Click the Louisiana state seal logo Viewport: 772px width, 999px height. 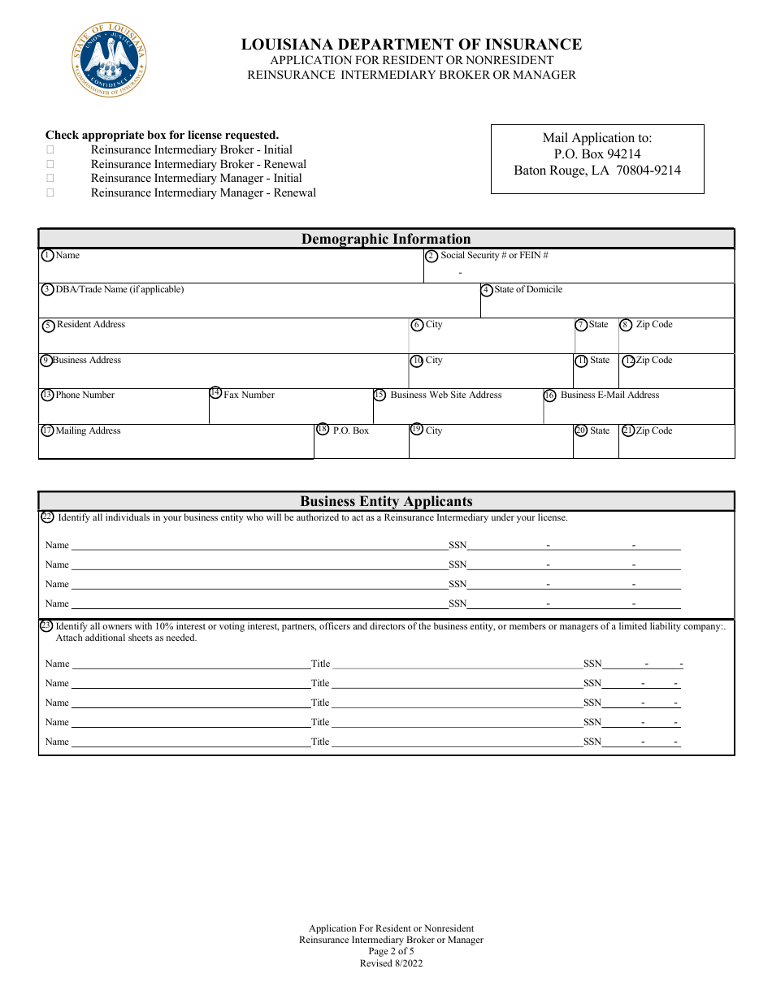tap(110, 60)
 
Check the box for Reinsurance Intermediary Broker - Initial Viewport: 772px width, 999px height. tap(50, 150)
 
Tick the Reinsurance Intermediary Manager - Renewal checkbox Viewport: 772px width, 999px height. tap(50, 193)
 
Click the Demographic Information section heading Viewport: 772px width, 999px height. tap(386, 239)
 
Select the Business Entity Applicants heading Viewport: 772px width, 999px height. tap(386, 501)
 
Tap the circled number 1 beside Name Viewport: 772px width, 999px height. tap(47, 256)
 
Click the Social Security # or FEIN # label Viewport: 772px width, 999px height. tap(494, 256)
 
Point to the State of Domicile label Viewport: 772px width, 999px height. tap(527, 290)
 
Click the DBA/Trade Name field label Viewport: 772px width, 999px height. tap(119, 290)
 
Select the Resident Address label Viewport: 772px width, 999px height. tap(91, 325)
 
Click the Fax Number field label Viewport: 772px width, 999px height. tap(249, 396)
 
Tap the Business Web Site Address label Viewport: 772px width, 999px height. tap(445, 396)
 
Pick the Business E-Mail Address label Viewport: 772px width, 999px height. tap(609, 396)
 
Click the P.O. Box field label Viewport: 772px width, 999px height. tap(350, 431)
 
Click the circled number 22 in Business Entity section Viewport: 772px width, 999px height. tap(47, 517)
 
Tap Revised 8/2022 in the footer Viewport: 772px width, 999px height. tap(391, 964)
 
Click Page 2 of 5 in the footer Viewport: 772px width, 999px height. tap(391, 952)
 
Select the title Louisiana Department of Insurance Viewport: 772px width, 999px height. tap(411, 45)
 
